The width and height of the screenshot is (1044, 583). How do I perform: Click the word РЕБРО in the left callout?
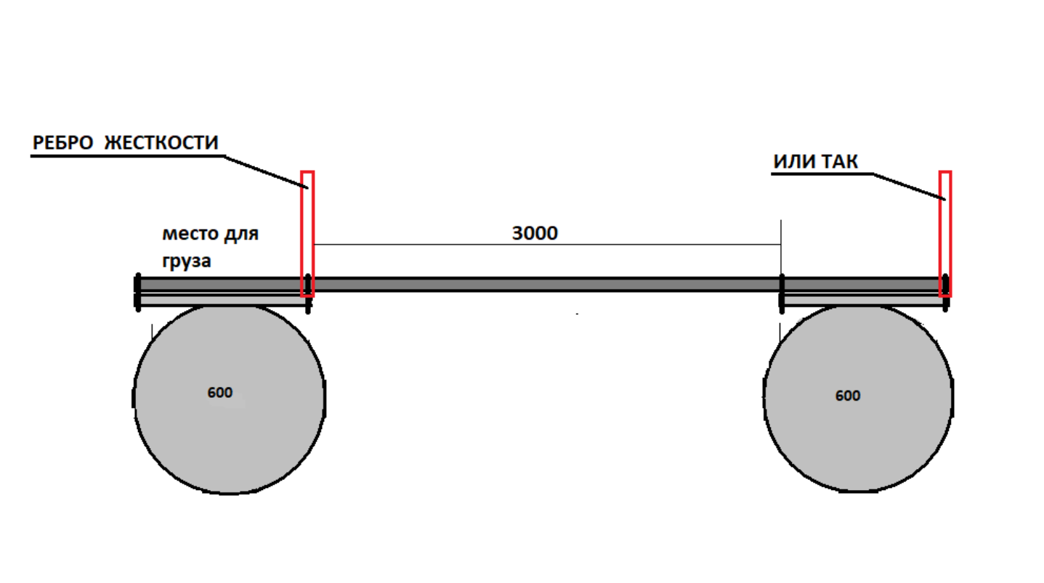pyautogui.click(x=62, y=143)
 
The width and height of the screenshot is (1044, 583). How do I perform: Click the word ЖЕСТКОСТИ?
pyautogui.click(x=161, y=143)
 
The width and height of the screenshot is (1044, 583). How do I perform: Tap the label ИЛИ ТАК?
pyautogui.click(x=815, y=162)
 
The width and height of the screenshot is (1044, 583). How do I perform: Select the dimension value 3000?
pyautogui.click(x=535, y=234)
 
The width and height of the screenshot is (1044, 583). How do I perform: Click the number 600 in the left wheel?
pyautogui.click(x=219, y=393)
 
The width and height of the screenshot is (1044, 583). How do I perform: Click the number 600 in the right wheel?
pyautogui.click(x=847, y=396)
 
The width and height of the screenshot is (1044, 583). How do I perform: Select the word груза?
pyautogui.click(x=187, y=261)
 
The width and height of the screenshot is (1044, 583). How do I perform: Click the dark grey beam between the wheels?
pyautogui.click(x=545, y=284)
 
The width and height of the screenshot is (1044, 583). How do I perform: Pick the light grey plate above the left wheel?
pyautogui.click(x=222, y=299)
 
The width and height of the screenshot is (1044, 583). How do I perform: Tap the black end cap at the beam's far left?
pyautogui.click(x=137, y=292)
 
